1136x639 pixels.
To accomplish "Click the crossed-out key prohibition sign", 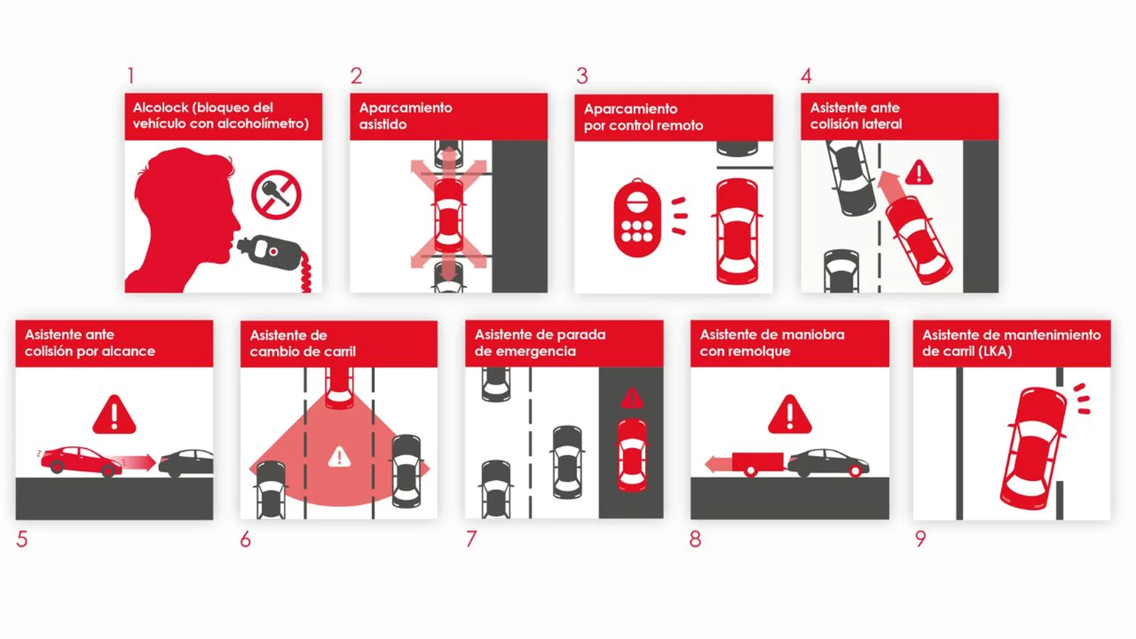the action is click(x=276, y=194).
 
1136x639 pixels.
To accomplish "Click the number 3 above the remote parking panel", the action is click(x=582, y=76).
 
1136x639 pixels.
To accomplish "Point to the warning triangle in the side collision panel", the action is click(x=919, y=172).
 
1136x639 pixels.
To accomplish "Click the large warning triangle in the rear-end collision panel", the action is click(x=114, y=414).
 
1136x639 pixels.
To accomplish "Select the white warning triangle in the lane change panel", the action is click(x=339, y=457).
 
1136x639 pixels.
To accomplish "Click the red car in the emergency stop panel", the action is click(x=632, y=455).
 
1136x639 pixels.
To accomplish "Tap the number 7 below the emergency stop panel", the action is click(x=471, y=539).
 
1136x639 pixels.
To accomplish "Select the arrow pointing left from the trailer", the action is click(x=718, y=464).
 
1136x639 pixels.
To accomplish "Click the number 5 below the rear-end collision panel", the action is click(x=22, y=539).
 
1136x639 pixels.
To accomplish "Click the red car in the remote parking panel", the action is click(x=737, y=231).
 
